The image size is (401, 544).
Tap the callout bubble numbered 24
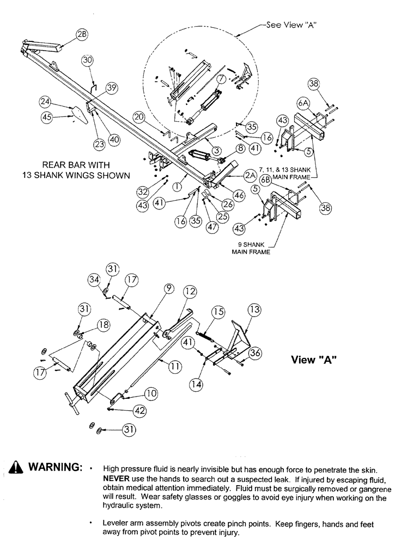[45, 102]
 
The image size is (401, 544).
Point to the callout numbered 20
[138, 118]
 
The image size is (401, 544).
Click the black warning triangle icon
[15, 468]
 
